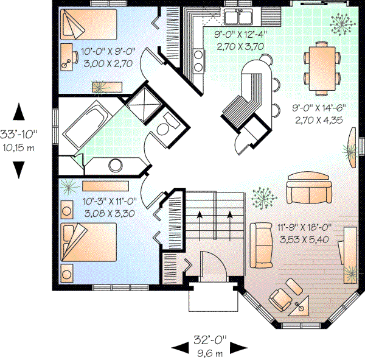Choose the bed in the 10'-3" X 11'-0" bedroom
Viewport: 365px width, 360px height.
tap(89, 240)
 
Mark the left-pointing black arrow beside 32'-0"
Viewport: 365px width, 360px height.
tap(179, 347)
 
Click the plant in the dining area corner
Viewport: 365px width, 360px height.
tap(339, 23)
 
